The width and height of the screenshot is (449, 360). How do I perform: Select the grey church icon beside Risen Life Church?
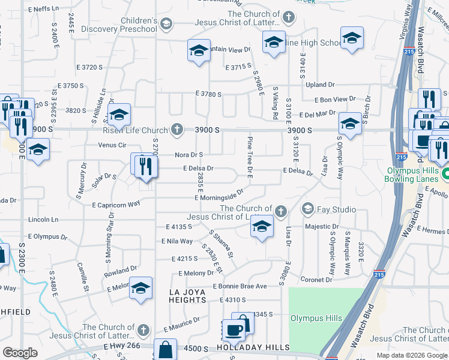pyautogui.click(x=176, y=129)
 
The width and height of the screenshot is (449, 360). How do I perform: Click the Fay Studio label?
pyautogui.click(x=337, y=209)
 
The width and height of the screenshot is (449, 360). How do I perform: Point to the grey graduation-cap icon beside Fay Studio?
pyautogui.click(x=309, y=209)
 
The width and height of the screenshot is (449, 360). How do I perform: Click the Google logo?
pyautogui.click(x=20, y=353)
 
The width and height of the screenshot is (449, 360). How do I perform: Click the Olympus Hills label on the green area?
pyautogui.click(x=316, y=318)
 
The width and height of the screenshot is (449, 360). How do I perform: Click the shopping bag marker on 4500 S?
pyautogui.click(x=165, y=349)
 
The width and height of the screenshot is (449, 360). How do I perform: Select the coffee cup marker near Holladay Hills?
pyautogui.click(x=234, y=329)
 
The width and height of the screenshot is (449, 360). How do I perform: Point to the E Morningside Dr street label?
pyautogui.click(x=218, y=195)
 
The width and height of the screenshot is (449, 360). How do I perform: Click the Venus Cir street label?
pyautogui.click(x=113, y=145)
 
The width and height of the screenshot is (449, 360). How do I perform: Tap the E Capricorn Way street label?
pyautogui.click(x=116, y=204)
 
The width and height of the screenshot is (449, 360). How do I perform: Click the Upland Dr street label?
pyautogui.click(x=320, y=85)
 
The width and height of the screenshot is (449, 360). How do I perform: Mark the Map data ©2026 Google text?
pyautogui.click(x=411, y=355)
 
